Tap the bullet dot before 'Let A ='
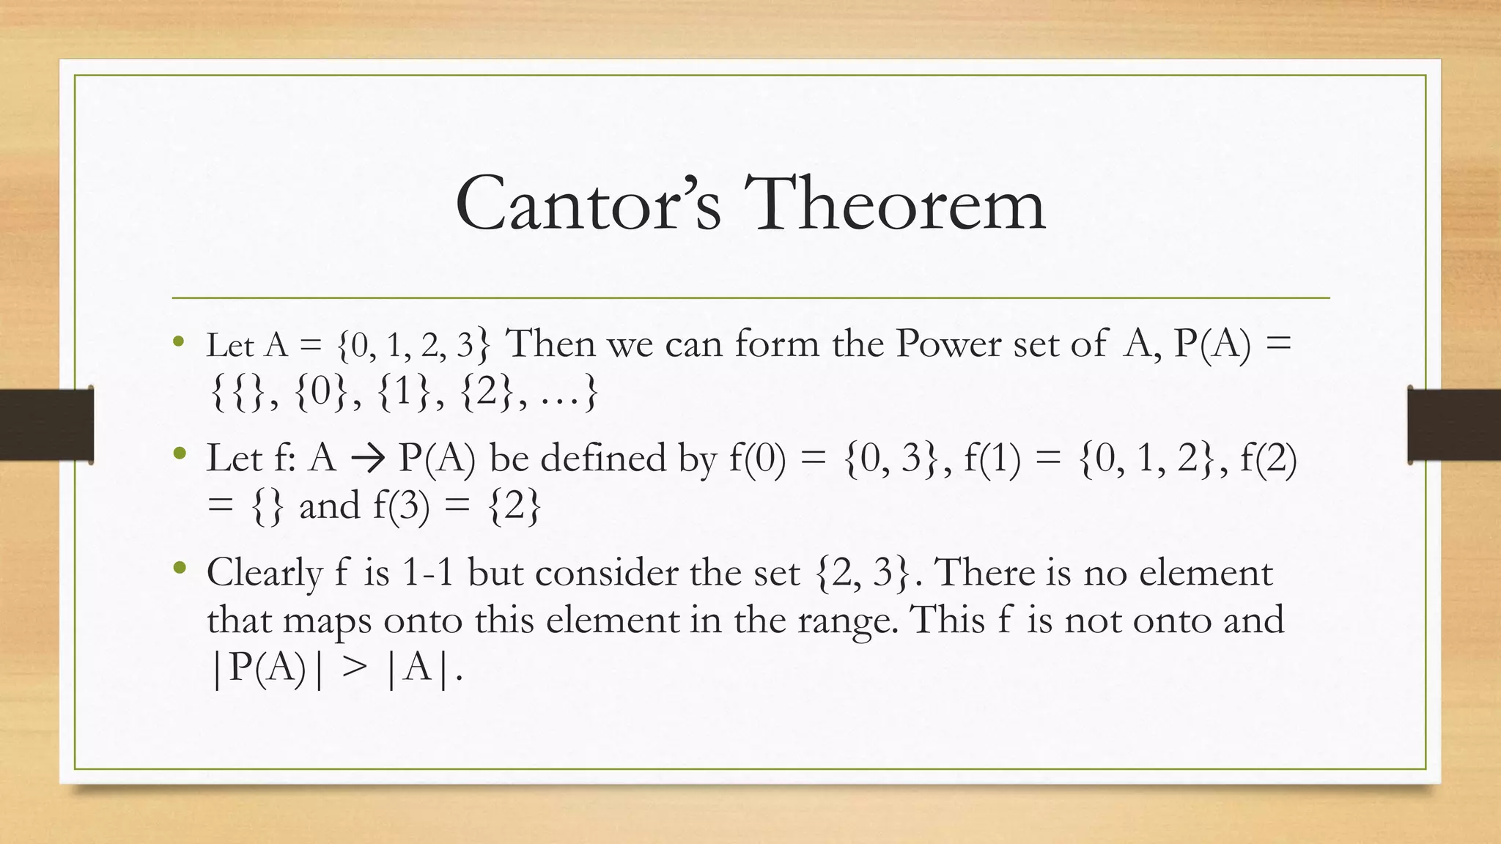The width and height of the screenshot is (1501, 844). pos(179,341)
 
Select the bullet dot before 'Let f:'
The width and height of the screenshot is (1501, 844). pos(180,455)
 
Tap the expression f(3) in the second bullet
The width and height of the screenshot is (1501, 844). pos(401,506)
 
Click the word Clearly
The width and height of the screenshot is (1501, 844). pos(264,573)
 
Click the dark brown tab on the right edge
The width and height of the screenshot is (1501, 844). pos(1454,425)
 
